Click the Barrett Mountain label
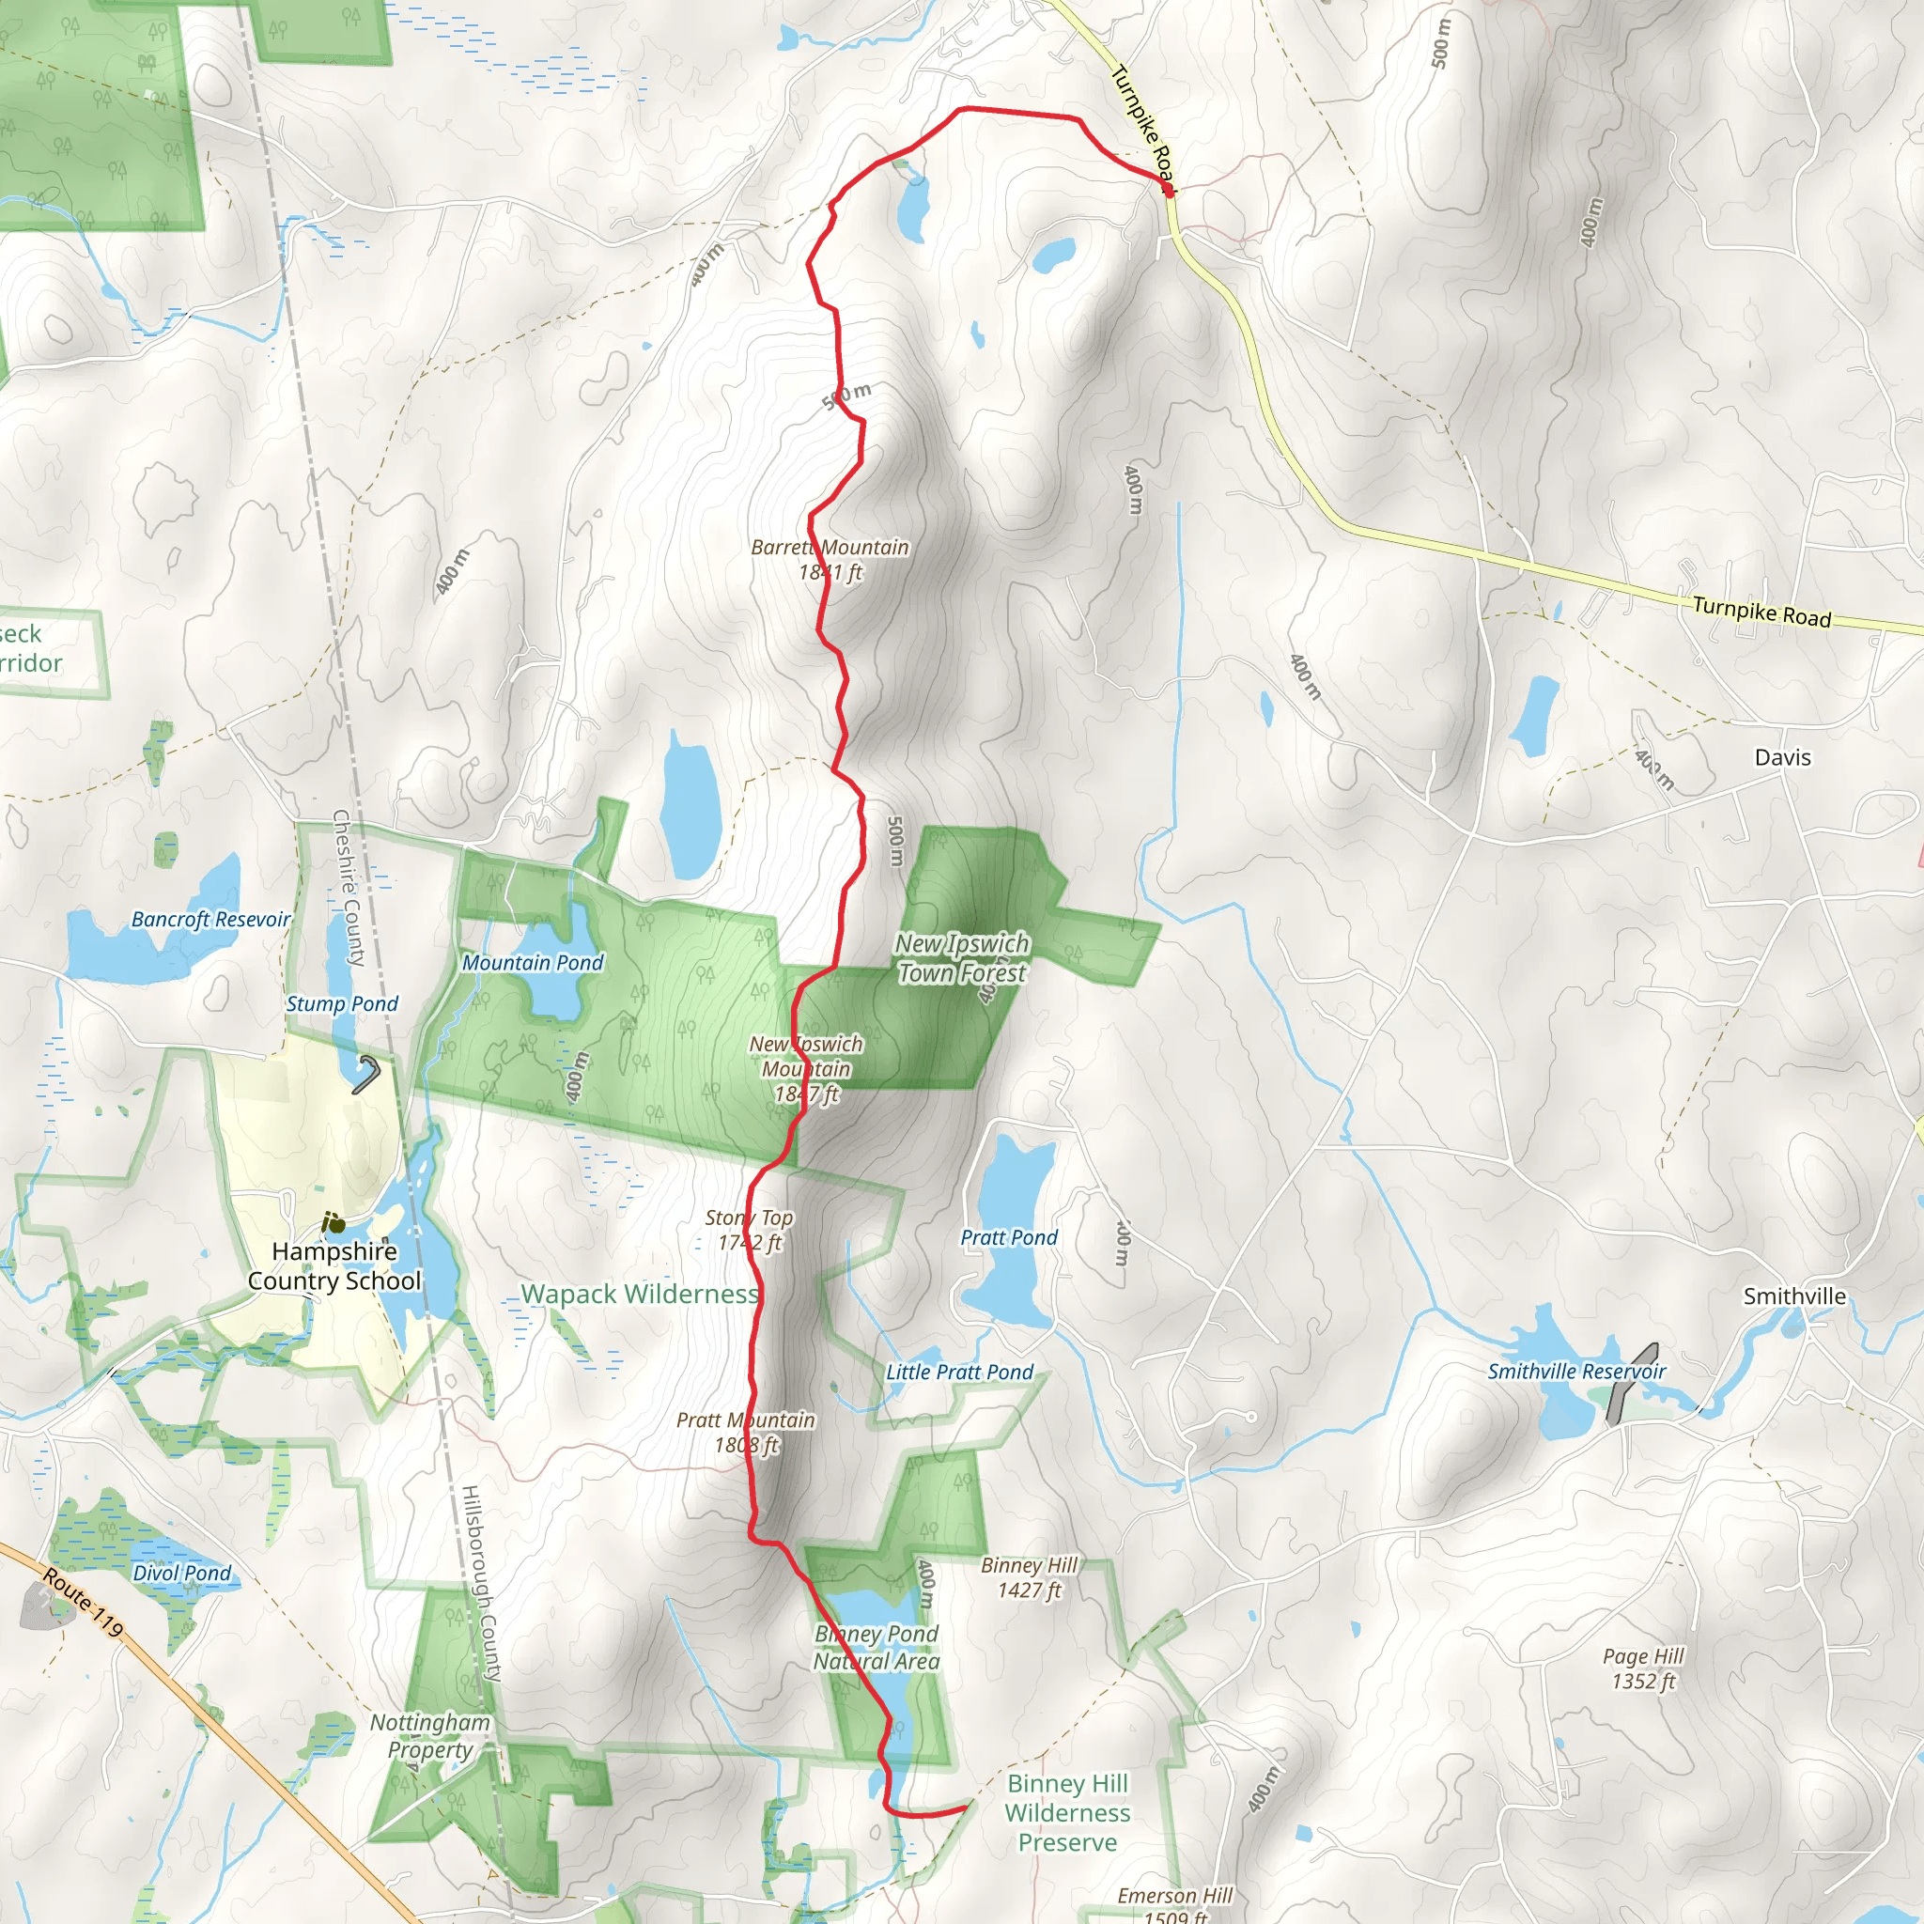pyautogui.click(x=830, y=560)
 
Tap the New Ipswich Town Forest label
pyautogui.click(x=961, y=957)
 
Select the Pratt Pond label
pyautogui.click(x=1008, y=1237)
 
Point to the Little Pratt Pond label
pyautogui.click(x=959, y=1372)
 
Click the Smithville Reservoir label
pyautogui.click(x=1575, y=1372)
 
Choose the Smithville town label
pyautogui.click(x=1793, y=1296)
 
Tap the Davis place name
pyautogui.click(x=1782, y=757)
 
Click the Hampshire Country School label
pyautogui.click(x=334, y=1265)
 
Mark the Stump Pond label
pyautogui.click(x=342, y=1004)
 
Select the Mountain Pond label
pyautogui.click(x=532, y=962)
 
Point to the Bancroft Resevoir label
pyautogui.click(x=211, y=919)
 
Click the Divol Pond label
pyautogui.click(x=181, y=1573)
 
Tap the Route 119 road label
pyautogui.click(x=83, y=1603)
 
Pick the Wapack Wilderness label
pyautogui.click(x=640, y=1294)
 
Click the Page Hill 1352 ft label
pyautogui.click(x=1642, y=1668)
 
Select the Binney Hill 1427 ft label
pyautogui.click(x=1029, y=1577)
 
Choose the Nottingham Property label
pyautogui.click(x=429, y=1736)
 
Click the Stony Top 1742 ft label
pyautogui.click(x=749, y=1230)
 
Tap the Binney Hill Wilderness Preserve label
pyautogui.click(x=1066, y=1812)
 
